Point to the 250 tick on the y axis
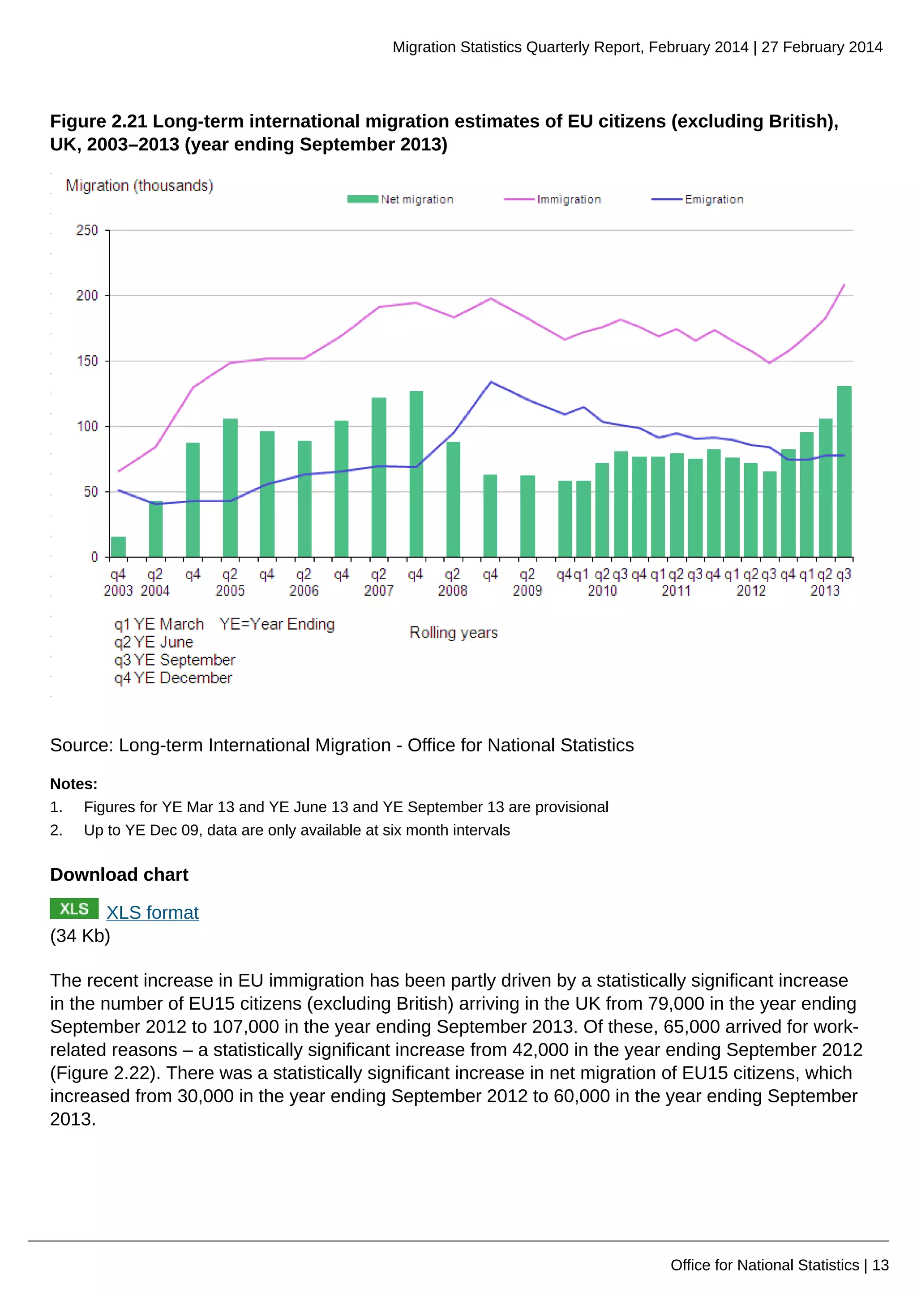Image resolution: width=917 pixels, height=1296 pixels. point(87,230)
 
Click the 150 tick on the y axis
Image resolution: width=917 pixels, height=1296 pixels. point(87,361)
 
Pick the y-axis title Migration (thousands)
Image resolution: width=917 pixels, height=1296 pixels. point(139,185)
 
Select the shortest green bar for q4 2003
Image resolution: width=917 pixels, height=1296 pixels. point(118,546)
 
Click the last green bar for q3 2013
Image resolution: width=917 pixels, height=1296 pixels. point(844,471)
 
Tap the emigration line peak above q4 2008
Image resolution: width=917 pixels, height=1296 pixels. point(491,382)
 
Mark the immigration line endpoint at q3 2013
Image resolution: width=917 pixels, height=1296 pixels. point(844,285)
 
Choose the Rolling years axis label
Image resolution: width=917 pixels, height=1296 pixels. point(454,632)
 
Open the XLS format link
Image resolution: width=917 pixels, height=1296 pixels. point(152,913)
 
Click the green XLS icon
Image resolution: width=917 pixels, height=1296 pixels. point(74,909)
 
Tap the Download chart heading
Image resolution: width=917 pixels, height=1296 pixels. point(119,874)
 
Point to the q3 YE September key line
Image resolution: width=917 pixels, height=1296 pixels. point(175,660)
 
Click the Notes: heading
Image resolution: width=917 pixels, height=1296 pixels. point(73,784)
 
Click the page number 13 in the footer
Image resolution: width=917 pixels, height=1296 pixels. point(880,1265)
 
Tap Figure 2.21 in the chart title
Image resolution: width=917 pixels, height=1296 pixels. point(98,121)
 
